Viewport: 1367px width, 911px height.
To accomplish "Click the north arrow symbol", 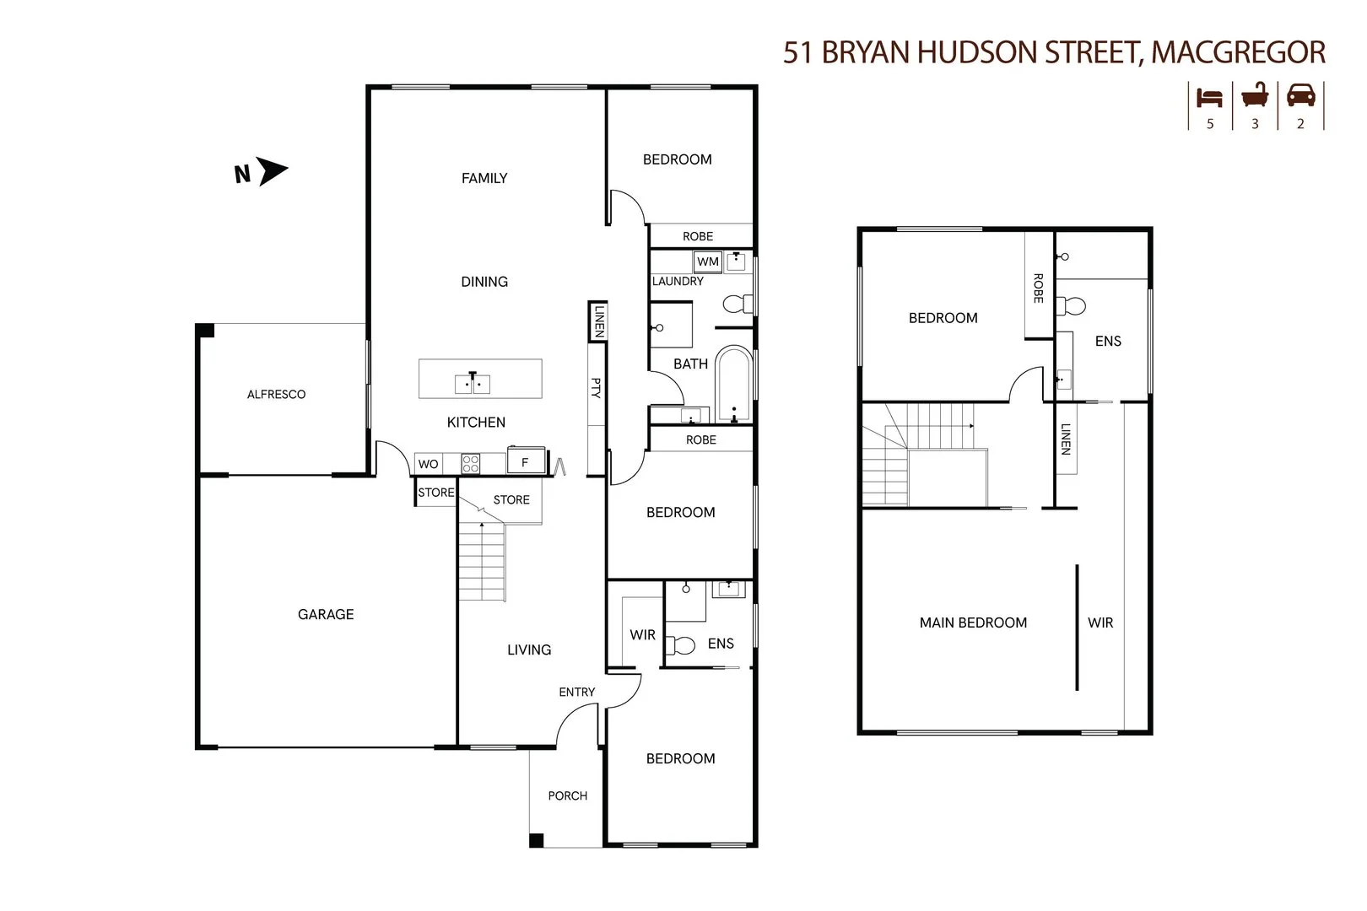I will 273,172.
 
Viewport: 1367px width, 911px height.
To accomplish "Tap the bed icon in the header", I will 1210,98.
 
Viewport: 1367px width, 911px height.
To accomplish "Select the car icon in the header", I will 1300,96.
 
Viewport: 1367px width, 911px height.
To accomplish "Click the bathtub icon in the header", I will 1255,96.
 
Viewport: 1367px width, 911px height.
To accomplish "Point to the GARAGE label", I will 326,614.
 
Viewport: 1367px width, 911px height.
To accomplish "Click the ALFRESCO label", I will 276,394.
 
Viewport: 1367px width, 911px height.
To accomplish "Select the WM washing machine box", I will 708,261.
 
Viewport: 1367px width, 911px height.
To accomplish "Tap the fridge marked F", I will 525,462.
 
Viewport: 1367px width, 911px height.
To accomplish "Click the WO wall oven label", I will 428,464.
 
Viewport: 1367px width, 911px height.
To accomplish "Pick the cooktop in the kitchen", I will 471,463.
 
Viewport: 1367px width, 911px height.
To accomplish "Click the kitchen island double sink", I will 473,384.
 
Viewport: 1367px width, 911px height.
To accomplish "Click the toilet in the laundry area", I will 738,304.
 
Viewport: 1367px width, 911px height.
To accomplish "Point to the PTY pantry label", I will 596,388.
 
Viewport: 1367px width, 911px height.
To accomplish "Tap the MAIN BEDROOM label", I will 973,623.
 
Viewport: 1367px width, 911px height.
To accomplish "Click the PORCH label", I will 567,795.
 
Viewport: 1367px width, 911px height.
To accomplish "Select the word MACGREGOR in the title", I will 1238,52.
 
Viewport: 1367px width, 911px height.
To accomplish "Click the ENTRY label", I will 577,692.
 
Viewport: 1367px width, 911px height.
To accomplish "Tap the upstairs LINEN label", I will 1065,439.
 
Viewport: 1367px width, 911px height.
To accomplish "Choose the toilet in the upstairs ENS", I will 1072,305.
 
